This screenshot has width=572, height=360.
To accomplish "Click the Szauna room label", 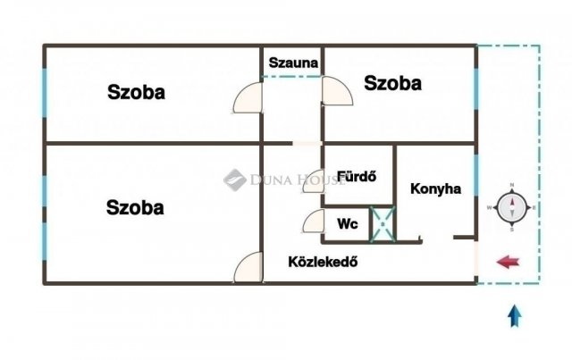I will (291, 63).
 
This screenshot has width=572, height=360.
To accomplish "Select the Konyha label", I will (435, 189).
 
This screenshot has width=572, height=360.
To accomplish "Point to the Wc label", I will (347, 224).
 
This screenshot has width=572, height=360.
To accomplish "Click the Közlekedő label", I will (323, 262).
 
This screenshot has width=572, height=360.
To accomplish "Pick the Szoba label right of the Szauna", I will (392, 84).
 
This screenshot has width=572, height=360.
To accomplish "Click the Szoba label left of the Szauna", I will (137, 91).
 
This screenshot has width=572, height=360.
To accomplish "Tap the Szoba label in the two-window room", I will (135, 207).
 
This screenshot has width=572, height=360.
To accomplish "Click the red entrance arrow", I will (509, 262).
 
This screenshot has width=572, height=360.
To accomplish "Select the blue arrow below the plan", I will (515, 315).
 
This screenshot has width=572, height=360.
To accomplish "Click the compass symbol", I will (511, 208).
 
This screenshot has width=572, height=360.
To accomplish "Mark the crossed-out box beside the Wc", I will (383, 223).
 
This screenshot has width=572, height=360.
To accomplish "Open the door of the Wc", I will (314, 222).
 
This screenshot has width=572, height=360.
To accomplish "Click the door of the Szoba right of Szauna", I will (336, 92).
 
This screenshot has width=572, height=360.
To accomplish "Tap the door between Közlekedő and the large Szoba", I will (249, 268).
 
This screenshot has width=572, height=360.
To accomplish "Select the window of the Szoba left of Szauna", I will (44, 93).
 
